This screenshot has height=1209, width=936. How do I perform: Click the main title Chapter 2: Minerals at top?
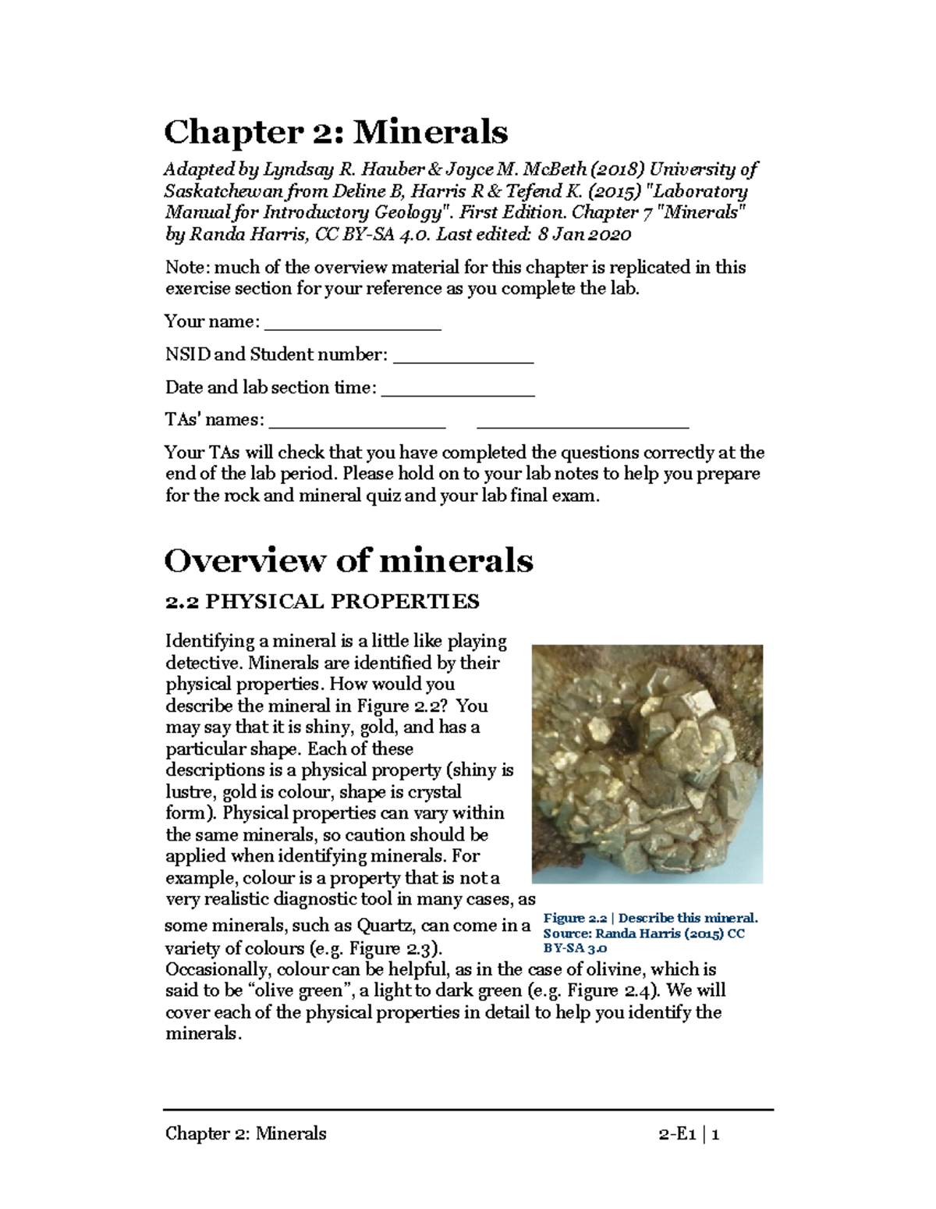click(x=335, y=132)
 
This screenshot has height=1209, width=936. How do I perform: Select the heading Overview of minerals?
click(x=349, y=560)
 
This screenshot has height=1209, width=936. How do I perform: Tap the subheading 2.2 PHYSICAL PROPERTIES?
click(x=322, y=602)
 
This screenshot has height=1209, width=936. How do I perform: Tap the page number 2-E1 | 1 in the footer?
click(x=689, y=1134)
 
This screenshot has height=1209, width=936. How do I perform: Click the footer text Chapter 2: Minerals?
click(x=246, y=1134)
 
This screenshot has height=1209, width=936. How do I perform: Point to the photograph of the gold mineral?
click(x=647, y=763)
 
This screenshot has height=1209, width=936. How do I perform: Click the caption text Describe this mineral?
click(x=688, y=919)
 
